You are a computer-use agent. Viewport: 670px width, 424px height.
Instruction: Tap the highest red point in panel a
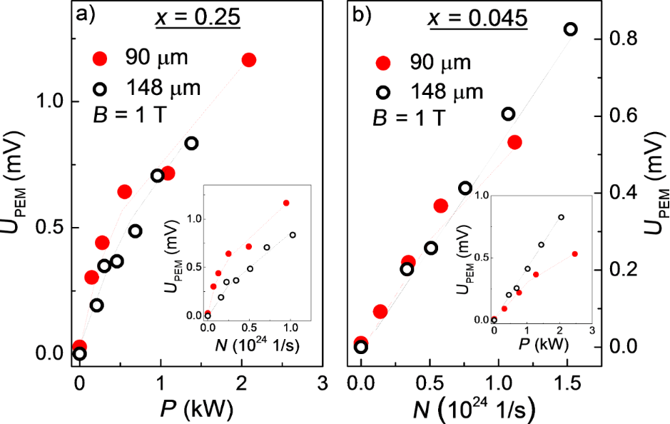coord(248,59)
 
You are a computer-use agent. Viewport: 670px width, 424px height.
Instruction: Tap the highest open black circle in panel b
coord(570,29)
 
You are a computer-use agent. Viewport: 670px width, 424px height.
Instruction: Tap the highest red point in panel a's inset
coord(286,203)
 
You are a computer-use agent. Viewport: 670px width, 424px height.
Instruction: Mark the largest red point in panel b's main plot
coord(514,142)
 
